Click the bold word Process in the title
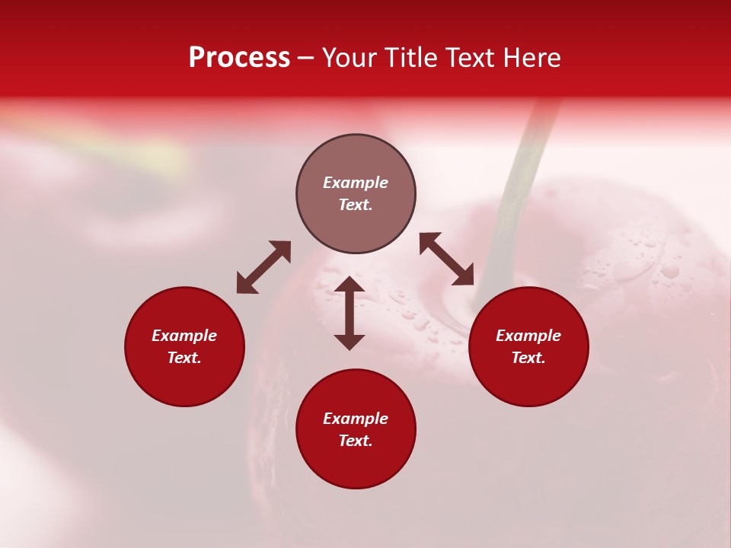(x=239, y=58)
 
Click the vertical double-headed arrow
(x=350, y=313)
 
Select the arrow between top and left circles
(x=263, y=267)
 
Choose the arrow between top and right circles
(x=447, y=259)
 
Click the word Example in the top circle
(x=356, y=183)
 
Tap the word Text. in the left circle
(x=184, y=358)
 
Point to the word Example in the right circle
(x=528, y=336)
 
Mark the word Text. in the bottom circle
(x=356, y=441)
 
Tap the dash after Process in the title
(x=305, y=59)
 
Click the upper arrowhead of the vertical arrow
(x=350, y=285)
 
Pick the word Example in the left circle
(x=184, y=336)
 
